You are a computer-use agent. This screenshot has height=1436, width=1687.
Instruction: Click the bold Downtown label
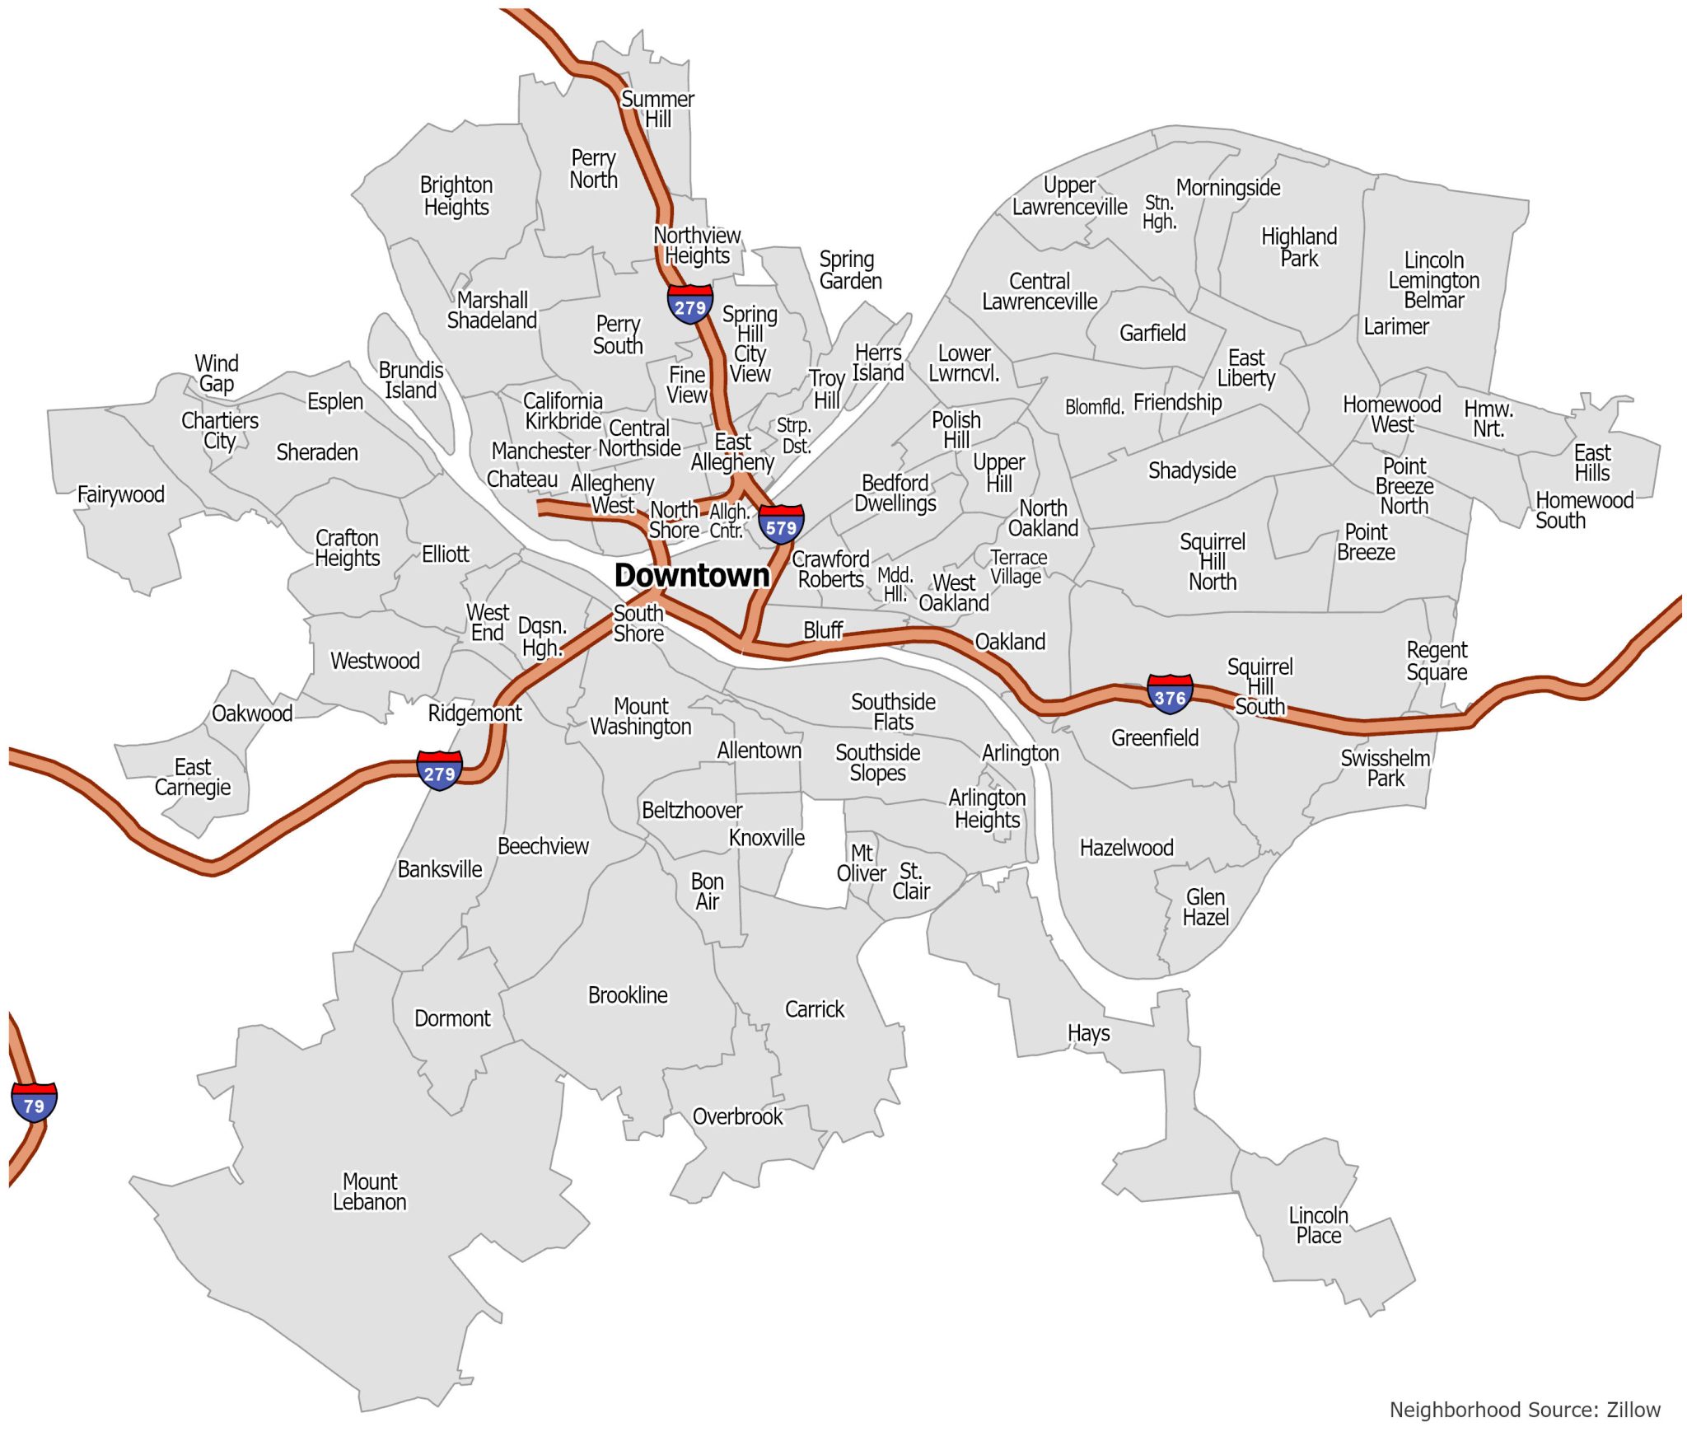pos(692,575)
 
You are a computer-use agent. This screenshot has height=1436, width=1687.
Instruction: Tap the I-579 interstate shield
pos(781,525)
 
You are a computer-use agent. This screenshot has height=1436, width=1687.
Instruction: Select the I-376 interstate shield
pos(1170,695)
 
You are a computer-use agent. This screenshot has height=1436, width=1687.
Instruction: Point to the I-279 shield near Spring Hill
pos(689,305)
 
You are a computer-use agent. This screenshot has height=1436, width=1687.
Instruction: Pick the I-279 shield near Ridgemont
pos(439,771)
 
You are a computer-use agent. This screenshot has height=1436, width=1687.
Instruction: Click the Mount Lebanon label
pos(370,1191)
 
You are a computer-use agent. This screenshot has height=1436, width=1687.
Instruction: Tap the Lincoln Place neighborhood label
pos(1318,1225)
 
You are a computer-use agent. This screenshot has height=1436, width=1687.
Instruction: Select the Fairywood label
pos(121,494)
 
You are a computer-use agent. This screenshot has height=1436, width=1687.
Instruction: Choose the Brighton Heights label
pos(456,195)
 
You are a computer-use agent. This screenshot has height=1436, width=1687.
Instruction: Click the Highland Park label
pos(1299,247)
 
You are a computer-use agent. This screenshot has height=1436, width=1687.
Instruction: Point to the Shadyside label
pos(1192,470)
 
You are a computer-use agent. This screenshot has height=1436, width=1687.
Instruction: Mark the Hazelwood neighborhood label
pos(1126,848)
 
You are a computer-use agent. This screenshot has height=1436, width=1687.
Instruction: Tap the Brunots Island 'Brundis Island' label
pos(411,380)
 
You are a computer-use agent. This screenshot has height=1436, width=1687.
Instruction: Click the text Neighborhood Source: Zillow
pos(1525,1410)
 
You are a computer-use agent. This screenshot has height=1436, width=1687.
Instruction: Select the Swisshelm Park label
pos(1386,768)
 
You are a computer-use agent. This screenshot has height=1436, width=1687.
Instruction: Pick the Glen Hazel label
pos(1205,907)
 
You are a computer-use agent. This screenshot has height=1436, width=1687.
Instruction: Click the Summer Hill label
pos(657,109)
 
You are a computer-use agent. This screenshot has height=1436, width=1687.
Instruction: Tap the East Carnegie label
pos(193,777)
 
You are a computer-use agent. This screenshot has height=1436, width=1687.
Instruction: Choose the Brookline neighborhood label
pos(628,995)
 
